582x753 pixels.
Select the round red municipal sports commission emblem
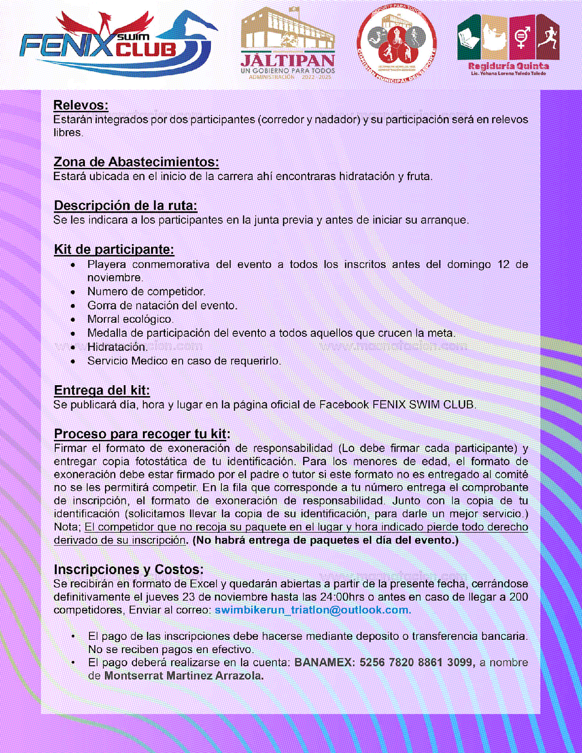click(396, 44)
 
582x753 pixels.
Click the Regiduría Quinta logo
click(509, 45)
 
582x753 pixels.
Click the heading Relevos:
click(81, 105)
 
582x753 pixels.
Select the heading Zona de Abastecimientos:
click(136, 162)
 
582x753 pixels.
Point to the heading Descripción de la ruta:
click(126, 206)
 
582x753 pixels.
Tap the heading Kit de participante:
click(114, 250)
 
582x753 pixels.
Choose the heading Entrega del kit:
click(102, 391)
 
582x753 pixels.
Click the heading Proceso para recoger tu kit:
click(142, 434)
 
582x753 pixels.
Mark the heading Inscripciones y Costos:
click(129, 570)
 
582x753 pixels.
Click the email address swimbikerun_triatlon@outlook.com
click(313, 610)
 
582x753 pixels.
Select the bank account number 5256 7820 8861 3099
click(416, 663)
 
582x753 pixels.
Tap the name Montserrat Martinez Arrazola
click(184, 676)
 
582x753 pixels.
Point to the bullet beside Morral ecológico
click(73, 319)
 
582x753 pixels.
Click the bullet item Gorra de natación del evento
click(163, 305)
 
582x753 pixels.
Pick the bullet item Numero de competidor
click(147, 292)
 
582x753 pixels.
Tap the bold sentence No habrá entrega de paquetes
click(325, 540)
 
